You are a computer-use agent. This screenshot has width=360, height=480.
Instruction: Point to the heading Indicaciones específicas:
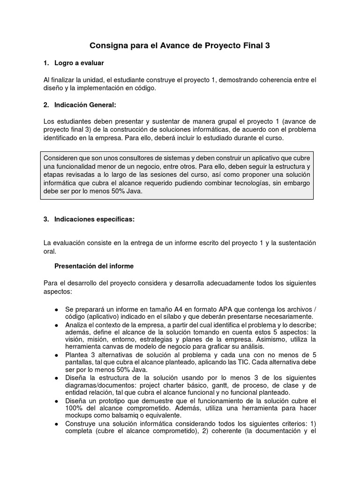click(94, 219)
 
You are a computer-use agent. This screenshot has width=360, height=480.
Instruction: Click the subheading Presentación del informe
click(94, 266)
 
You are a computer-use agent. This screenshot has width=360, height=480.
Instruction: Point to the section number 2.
click(45, 105)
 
